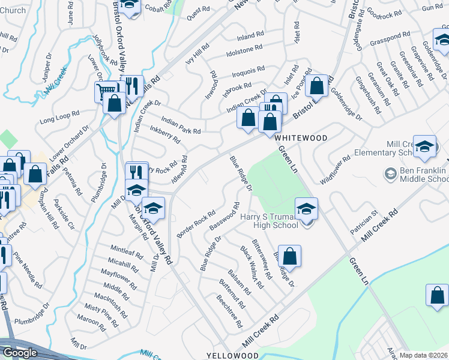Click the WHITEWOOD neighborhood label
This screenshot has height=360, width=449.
point(301,138)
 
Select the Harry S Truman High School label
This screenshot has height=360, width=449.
point(269,221)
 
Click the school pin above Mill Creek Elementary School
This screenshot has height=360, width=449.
point(424,147)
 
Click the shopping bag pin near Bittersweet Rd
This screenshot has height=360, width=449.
point(289,256)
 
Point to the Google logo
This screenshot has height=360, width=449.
point(19,353)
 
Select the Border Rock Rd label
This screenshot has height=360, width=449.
point(196,224)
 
